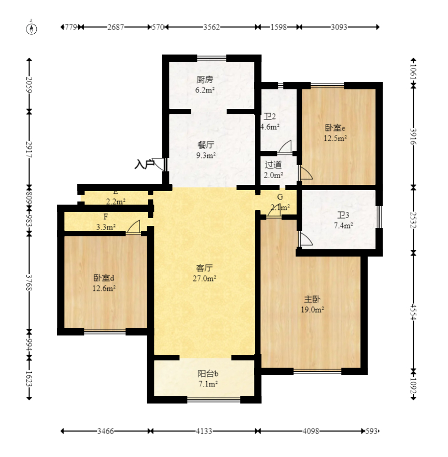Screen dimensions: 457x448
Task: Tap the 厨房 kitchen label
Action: [x=205, y=85]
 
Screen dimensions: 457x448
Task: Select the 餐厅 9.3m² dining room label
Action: [x=205, y=150]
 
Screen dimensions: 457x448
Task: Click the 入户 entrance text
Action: [x=144, y=165]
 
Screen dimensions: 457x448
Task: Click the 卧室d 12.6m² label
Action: [x=104, y=283]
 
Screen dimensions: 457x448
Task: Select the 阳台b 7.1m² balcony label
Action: [x=207, y=379]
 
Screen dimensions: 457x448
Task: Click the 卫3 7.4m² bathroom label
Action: [x=343, y=220]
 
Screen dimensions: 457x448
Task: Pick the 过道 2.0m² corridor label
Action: [x=273, y=170]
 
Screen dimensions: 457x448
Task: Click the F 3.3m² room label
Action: [x=106, y=222]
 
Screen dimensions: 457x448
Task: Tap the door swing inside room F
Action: [x=134, y=227]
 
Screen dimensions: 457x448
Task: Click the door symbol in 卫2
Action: [x=285, y=147]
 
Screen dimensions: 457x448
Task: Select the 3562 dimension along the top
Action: [x=211, y=27]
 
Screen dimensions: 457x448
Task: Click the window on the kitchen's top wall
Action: [x=211, y=58]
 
